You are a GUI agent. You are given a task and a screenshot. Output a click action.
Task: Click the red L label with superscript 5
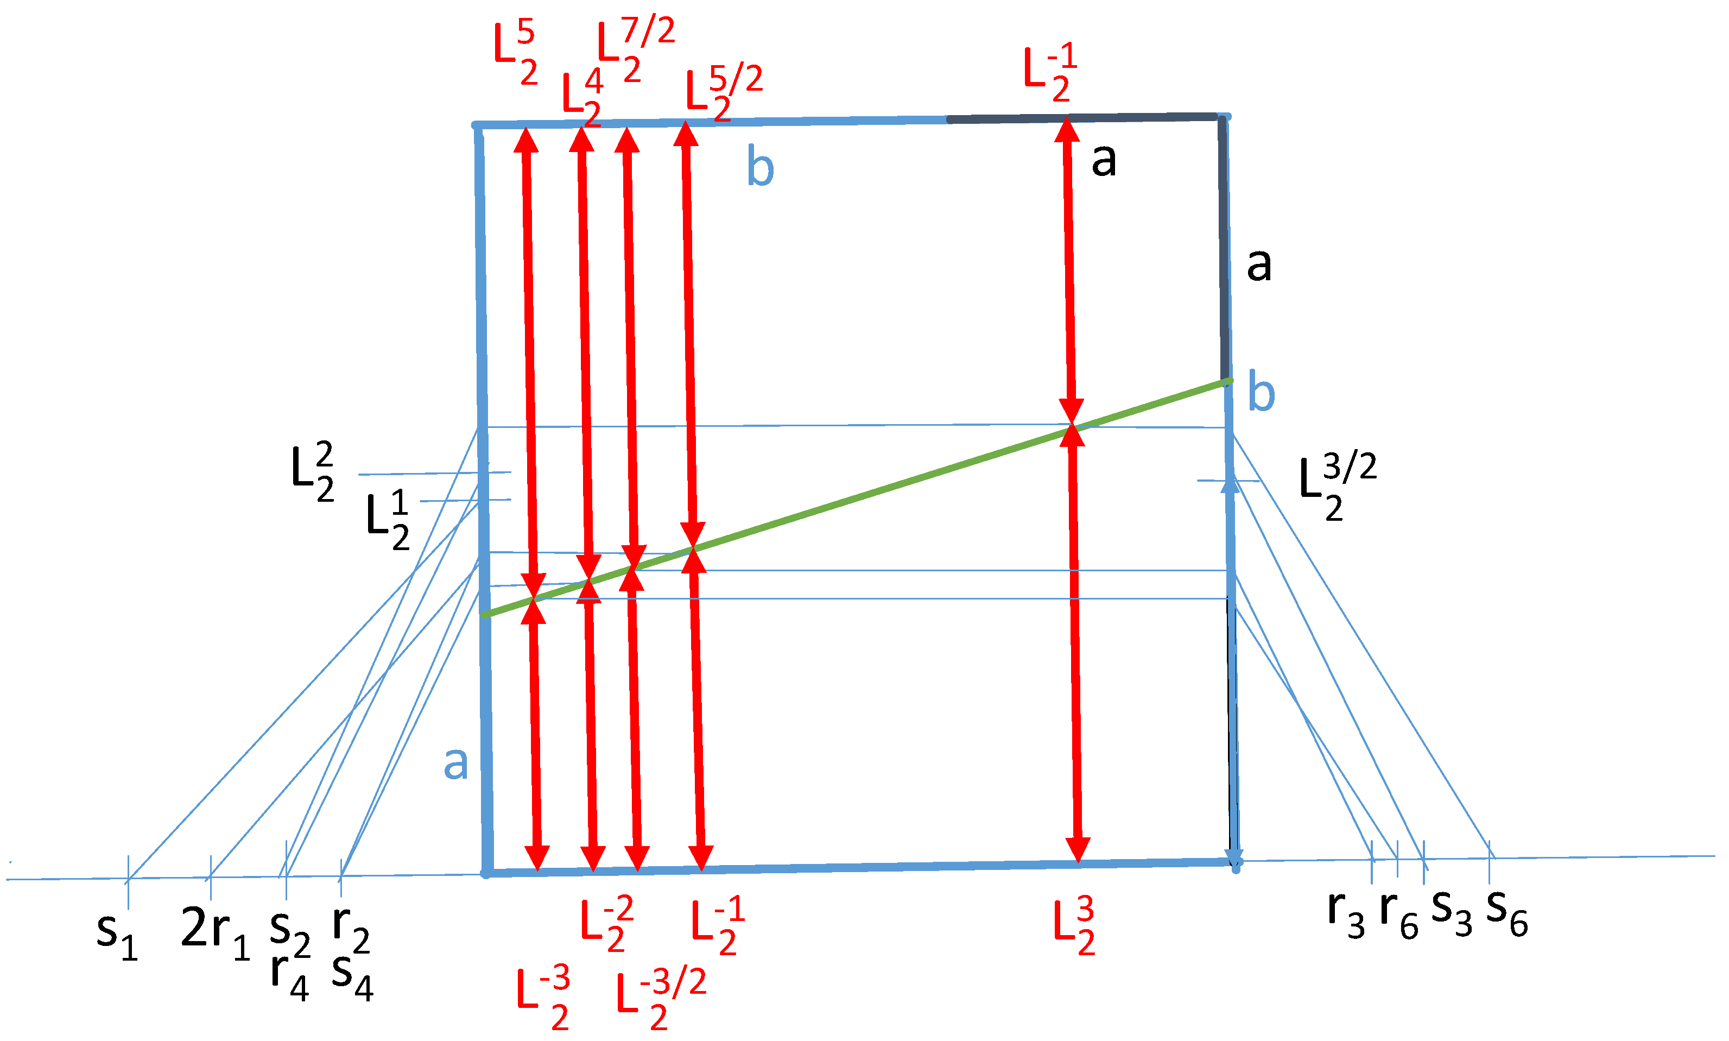515,53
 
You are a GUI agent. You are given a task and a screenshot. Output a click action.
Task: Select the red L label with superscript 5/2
722,94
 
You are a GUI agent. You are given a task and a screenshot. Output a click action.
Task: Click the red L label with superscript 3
1073,926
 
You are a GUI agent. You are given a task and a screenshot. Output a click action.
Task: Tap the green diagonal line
876,491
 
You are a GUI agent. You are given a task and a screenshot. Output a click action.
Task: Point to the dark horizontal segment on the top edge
1080,118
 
